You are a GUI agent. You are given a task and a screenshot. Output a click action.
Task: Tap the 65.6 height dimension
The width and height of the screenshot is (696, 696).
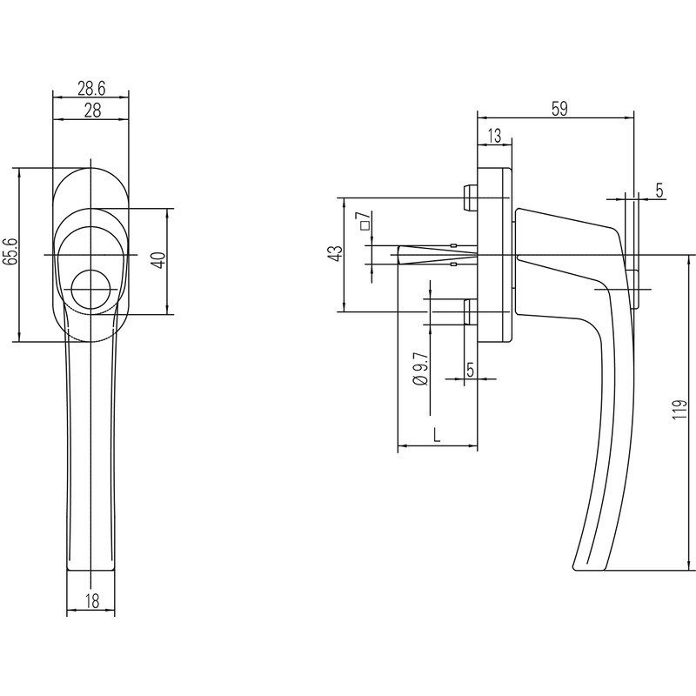tap(10, 251)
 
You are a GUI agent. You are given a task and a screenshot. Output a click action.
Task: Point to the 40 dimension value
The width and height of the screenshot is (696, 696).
tap(157, 260)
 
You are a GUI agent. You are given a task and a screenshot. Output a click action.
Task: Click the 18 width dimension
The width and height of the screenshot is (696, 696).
tap(90, 600)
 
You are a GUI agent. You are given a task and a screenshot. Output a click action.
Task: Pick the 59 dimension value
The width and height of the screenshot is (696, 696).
tap(559, 108)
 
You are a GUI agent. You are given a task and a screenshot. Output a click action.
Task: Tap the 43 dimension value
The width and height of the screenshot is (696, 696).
tap(334, 253)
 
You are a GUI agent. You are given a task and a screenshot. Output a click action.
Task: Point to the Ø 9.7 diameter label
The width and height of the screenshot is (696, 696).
tap(419, 369)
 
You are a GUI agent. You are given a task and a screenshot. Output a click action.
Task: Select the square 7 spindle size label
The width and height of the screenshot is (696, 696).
tap(364, 222)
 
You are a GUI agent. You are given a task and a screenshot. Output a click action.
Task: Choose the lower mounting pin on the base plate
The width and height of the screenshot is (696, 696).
tap(470, 311)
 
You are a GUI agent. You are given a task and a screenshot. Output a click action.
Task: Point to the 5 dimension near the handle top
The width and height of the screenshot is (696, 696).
tap(659, 191)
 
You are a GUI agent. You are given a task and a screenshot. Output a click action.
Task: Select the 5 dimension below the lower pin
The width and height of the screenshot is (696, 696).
tap(470, 369)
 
